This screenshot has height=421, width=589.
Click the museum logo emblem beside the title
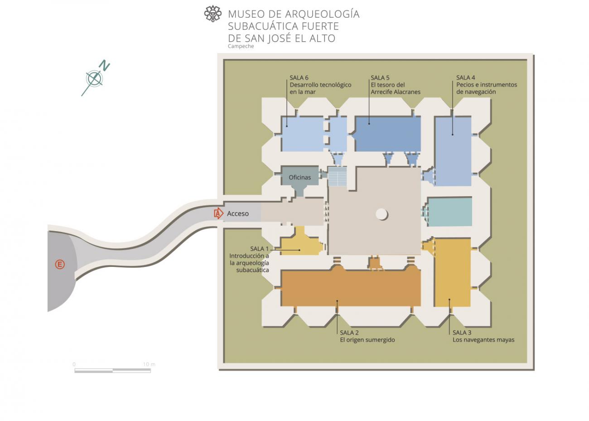[213, 14]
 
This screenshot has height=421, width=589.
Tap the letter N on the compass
[104, 65]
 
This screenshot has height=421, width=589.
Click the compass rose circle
[94, 78]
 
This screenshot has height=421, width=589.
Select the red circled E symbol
[60, 264]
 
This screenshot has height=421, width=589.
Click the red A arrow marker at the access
[218, 213]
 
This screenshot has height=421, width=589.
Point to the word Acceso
[238, 213]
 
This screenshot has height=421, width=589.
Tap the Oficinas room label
[300, 177]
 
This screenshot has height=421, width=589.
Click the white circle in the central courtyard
[381, 214]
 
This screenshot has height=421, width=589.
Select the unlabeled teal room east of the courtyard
[449, 212]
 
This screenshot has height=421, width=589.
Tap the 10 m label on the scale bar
[149, 364]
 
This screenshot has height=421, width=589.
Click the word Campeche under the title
[241, 46]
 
